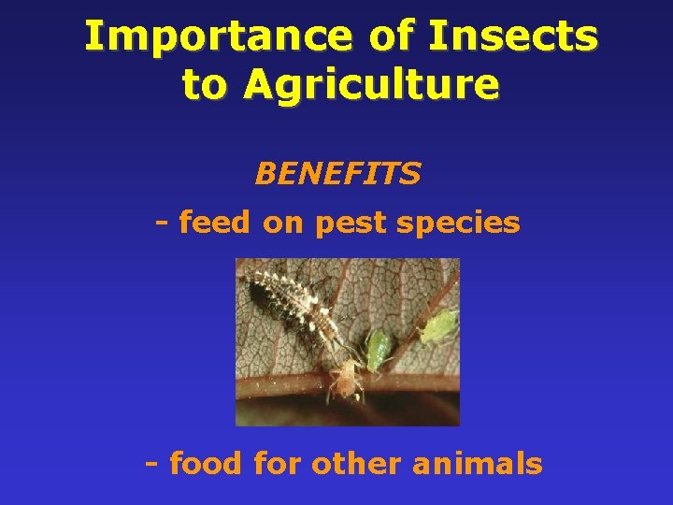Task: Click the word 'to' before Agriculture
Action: pos(205,85)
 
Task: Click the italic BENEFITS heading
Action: pos(337,174)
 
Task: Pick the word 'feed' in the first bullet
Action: pos(216,223)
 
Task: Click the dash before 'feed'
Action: pos(162,223)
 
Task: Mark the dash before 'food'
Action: pos(152,463)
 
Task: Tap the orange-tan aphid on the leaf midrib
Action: pos(345,378)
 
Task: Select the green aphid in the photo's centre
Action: pos(379,349)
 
